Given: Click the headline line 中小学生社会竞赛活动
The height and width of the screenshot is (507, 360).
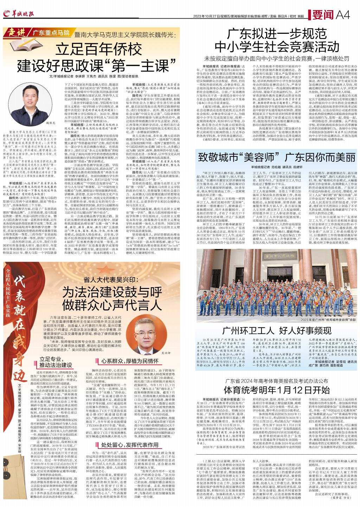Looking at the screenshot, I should [x=276, y=46].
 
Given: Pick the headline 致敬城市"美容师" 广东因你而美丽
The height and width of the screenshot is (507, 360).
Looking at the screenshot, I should [x=277, y=156].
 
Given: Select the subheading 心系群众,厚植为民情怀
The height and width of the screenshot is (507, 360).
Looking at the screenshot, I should [x=130, y=361].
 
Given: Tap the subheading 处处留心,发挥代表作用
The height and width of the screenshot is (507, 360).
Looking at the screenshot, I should [x=130, y=444].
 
